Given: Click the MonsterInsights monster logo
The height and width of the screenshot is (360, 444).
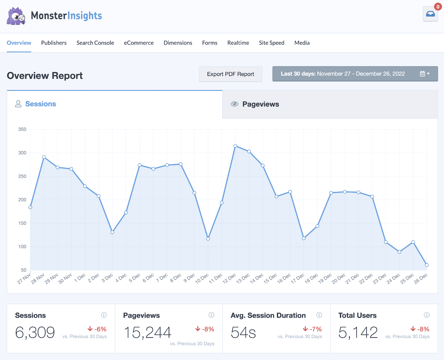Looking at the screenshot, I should [x=16, y=16].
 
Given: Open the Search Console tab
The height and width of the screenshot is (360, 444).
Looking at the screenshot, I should [x=95, y=43].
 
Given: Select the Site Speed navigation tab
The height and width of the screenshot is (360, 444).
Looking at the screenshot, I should [x=271, y=43].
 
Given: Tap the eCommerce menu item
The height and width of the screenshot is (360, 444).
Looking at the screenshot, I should [x=138, y=43].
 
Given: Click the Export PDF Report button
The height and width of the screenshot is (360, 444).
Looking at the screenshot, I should [x=230, y=74].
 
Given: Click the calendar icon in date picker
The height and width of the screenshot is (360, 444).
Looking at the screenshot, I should [x=422, y=74].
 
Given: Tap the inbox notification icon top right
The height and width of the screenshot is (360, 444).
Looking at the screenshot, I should [x=430, y=14].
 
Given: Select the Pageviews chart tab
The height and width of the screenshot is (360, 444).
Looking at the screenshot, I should [x=261, y=104].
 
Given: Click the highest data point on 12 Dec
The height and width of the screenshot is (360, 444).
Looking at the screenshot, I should [x=235, y=146].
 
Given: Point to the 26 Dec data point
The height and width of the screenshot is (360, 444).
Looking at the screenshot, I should [x=427, y=265].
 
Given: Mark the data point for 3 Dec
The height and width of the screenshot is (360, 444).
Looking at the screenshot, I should [x=112, y=232].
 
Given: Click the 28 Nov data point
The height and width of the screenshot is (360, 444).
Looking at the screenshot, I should [x=44, y=157].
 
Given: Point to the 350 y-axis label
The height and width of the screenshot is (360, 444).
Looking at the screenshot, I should [x=22, y=129].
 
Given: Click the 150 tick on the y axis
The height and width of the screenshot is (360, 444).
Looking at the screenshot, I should [x=22, y=223].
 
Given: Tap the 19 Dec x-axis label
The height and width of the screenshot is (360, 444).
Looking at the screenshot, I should [x=325, y=278].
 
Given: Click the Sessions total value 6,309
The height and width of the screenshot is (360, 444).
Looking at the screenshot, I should [x=35, y=332].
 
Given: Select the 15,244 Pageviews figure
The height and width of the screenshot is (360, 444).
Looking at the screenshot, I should [x=147, y=332].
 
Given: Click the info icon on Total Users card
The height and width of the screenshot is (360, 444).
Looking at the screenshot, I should [x=427, y=315].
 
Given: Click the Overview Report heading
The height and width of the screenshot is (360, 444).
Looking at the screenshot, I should [x=45, y=76].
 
